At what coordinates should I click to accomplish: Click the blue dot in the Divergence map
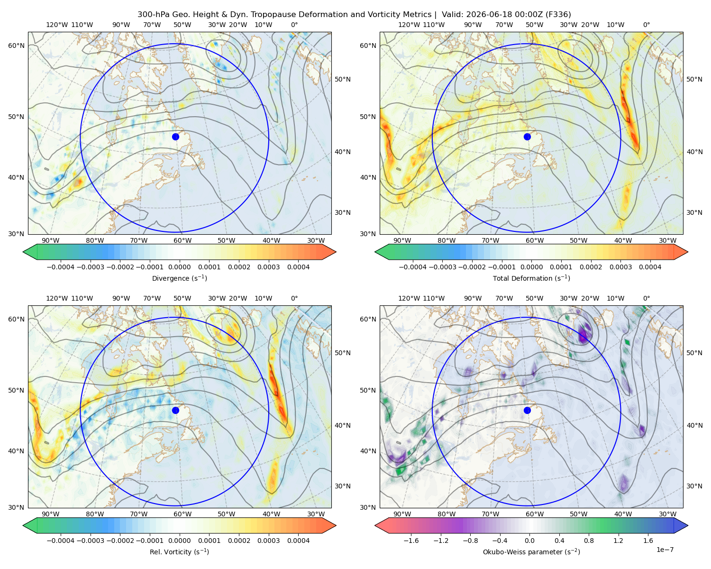[175, 137]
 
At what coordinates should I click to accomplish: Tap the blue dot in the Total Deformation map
[527, 137]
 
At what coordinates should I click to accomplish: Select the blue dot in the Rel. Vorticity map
[175, 410]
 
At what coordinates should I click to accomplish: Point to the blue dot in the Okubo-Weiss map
[527, 410]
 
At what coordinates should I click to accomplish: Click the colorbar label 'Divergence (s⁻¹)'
[179, 278]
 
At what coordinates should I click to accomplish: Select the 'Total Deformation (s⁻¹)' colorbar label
[531, 278]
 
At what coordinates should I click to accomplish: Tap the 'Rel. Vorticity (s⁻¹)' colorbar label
[179, 551]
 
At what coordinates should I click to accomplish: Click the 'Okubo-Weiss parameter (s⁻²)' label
[531, 551]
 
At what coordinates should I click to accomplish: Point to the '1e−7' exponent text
[665, 550]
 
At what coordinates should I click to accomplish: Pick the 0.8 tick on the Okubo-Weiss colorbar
[589, 540]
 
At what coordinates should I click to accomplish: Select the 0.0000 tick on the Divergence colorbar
[179, 267]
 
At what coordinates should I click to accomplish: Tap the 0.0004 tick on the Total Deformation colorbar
[650, 267]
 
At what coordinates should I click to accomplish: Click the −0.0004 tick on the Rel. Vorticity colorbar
[61, 540]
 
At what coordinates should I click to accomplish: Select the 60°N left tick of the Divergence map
[16, 46]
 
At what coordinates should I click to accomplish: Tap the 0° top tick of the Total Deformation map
[646, 25]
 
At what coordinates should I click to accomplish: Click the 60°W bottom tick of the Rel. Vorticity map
[182, 514]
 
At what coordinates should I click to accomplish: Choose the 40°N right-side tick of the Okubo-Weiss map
[694, 425]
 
